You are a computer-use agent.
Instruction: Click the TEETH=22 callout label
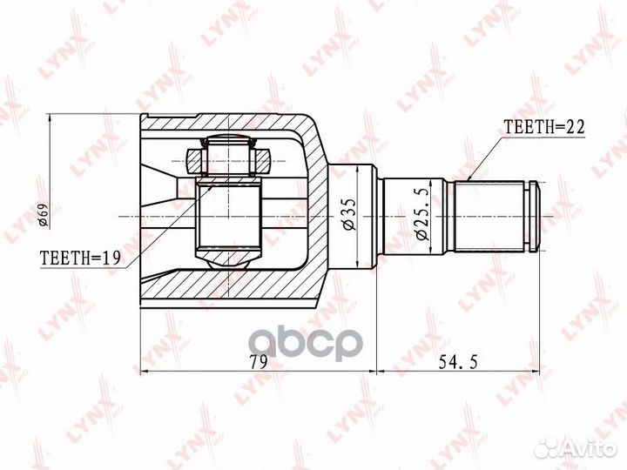coord(544,127)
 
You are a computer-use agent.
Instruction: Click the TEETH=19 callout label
coord(80,258)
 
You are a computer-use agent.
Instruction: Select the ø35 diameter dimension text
coord(347,214)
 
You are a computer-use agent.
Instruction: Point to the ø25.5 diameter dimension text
coord(421,214)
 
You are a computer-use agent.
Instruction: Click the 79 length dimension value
coord(258,362)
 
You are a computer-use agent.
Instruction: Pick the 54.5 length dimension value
coord(458,362)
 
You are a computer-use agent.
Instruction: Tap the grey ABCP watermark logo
coord(306,345)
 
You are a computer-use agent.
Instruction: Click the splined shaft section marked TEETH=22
coord(489,217)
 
